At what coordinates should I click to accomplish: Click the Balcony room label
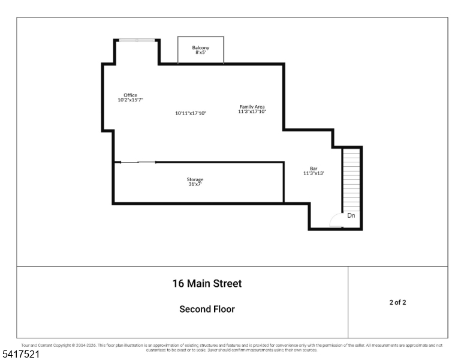coord(200,48)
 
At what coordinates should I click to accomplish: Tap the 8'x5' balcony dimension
coord(200,53)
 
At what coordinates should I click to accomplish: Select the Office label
coord(130,95)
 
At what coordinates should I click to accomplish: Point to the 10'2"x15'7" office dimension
coord(130,100)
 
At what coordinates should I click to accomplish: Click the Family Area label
coord(252,107)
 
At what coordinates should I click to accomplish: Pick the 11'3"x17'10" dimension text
coord(252,112)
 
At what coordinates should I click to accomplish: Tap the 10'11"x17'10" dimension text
coord(191,113)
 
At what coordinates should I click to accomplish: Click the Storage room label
coord(195,179)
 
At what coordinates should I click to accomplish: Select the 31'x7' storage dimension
coord(195,184)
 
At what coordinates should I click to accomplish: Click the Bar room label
coord(314,169)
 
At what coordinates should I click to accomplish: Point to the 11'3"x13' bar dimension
coord(314,173)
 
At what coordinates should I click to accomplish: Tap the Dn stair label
coord(351,215)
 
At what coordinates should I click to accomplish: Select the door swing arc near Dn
coord(336,221)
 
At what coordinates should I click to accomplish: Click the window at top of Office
coord(137,40)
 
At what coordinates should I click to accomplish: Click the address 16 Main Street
coord(207,283)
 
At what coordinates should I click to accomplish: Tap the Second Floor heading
coord(207,309)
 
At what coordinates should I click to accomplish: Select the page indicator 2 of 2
coord(397,302)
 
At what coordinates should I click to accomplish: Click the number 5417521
coord(22,355)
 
